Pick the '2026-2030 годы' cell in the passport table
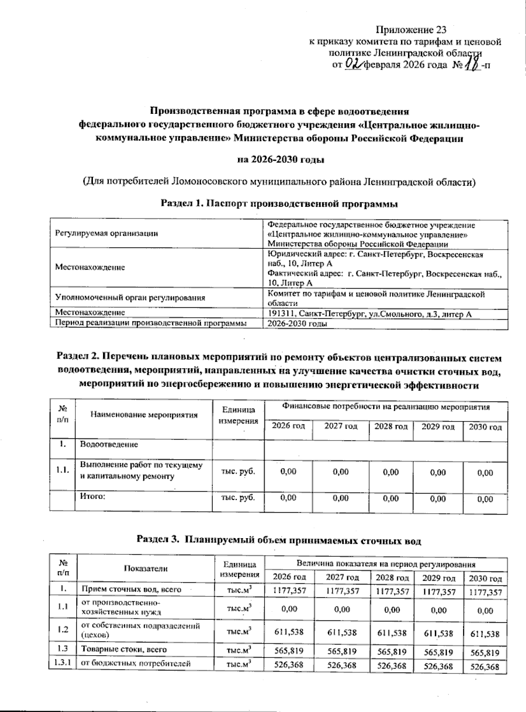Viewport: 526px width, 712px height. click(x=298, y=324)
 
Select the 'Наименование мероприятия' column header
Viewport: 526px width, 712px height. click(x=144, y=415)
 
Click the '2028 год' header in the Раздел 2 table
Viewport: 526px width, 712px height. click(x=391, y=426)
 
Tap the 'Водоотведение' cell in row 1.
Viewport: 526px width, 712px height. click(x=109, y=444)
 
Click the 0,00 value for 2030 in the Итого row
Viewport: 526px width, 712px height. click(x=485, y=499)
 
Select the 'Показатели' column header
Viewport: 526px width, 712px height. click(x=146, y=568)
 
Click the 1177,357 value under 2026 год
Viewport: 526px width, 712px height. click(x=289, y=590)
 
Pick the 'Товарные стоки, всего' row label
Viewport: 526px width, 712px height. click(x=123, y=649)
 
